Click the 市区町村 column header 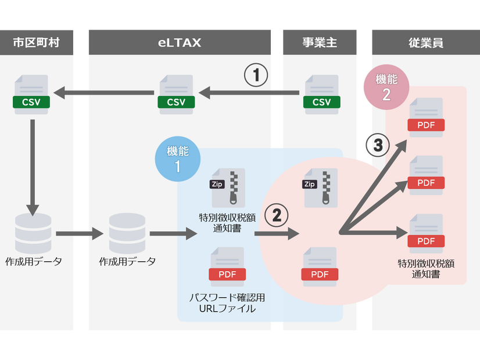(36, 42)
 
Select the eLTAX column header (179, 42)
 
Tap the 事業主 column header (320, 42)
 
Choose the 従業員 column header (425, 42)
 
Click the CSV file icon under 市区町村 (31, 95)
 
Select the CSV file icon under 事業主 (321, 95)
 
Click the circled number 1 (256, 75)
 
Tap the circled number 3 (378, 145)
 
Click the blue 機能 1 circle (177, 158)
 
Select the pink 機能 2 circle (386, 88)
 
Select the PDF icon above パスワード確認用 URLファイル (227, 267)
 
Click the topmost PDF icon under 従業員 (426, 118)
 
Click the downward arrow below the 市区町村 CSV (33, 166)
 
